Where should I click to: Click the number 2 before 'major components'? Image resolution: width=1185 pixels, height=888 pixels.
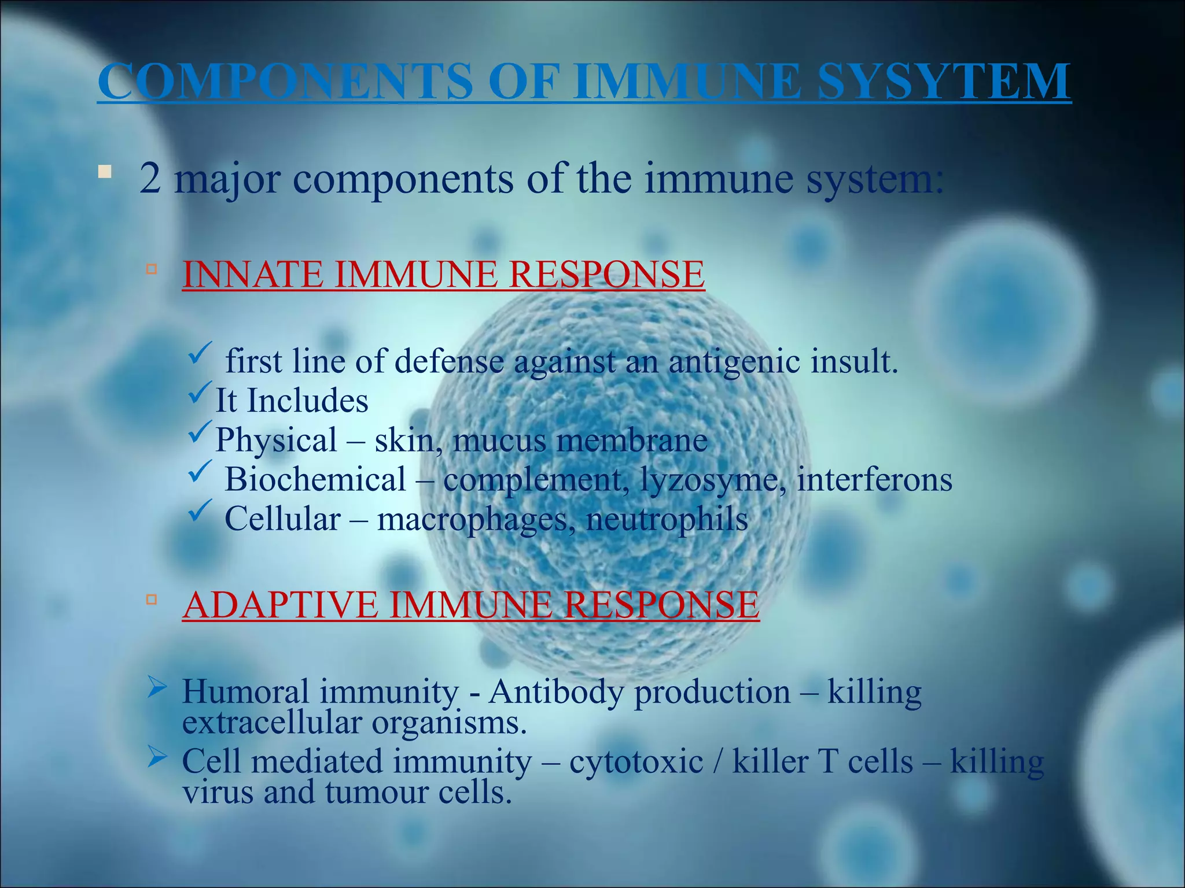(150, 179)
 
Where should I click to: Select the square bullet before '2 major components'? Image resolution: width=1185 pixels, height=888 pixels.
(104, 172)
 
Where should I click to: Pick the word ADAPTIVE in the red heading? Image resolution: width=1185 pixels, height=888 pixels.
(280, 605)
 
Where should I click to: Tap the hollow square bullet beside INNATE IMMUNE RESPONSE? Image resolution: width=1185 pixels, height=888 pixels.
(152, 269)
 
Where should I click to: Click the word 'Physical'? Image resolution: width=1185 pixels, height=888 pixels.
(276, 441)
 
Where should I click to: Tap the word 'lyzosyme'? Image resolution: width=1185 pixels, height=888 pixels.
(709, 480)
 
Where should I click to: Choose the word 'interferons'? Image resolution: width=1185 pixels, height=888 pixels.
(874, 480)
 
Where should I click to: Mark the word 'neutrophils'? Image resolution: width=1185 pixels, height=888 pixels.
(667, 519)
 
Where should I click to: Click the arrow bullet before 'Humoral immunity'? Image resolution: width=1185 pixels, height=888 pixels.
(157, 687)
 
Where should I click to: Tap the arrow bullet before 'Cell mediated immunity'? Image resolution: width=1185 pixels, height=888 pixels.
(157, 756)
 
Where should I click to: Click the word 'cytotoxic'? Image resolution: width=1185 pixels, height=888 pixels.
(636, 762)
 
